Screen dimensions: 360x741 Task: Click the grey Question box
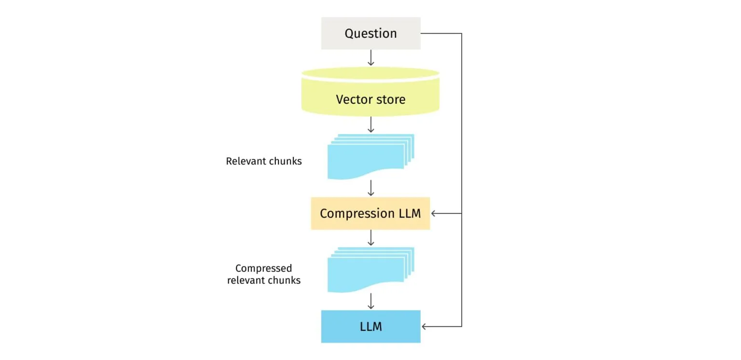click(370, 33)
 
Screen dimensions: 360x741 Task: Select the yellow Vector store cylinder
click(370, 99)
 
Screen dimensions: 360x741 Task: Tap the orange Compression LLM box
click(370, 213)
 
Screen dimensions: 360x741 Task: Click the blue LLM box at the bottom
click(370, 327)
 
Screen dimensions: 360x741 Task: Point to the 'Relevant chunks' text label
click(264, 161)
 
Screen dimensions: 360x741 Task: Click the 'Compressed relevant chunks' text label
click(264, 274)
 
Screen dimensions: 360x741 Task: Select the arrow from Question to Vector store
click(370, 58)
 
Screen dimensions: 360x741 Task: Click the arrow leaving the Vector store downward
click(370, 125)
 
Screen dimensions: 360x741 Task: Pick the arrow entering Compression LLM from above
click(370, 188)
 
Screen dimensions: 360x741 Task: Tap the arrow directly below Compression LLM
click(370, 238)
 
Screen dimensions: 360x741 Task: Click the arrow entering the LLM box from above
click(370, 301)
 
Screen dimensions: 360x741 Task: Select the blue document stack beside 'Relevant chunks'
click(370, 156)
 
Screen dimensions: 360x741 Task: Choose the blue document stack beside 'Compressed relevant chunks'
click(370, 269)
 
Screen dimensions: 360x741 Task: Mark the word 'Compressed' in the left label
click(264, 268)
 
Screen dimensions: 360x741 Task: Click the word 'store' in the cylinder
click(390, 99)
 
